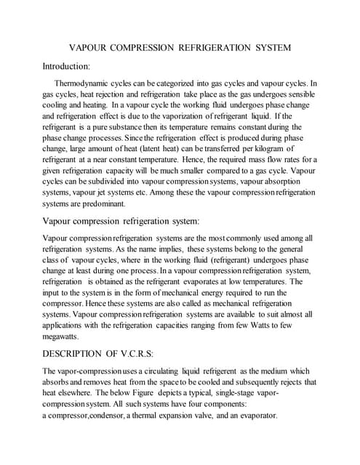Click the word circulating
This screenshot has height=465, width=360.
click(x=176, y=371)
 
